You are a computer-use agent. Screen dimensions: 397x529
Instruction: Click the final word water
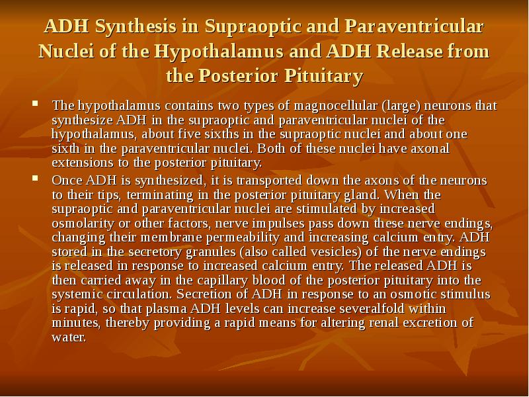(x=68, y=337)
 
